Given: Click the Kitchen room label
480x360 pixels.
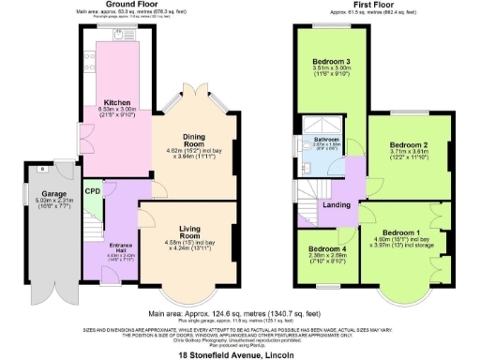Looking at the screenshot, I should [x=117, y=102].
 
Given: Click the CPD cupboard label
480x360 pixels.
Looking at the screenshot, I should [x=93, y=191].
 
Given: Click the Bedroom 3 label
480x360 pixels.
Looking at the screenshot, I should [x=329, y=61].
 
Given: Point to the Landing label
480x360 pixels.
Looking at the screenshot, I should [x=337, y=206].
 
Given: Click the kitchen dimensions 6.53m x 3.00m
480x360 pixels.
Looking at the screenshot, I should [x=117, y=111].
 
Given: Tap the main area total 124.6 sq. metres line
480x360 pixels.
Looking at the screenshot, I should [x=240, y=314].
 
